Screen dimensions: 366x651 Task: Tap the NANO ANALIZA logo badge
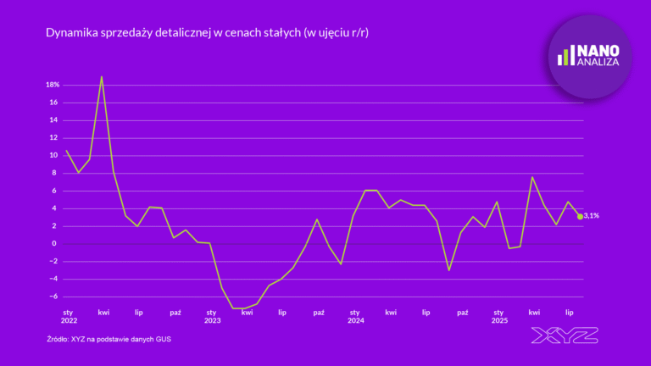[x=590, y=56]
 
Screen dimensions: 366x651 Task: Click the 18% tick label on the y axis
[x=52, y=85]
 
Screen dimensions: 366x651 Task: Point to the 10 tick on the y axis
[x=53, y=155]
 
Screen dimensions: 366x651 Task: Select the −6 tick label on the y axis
[x=53, y=297]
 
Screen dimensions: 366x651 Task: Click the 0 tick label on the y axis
[x=55, y=243]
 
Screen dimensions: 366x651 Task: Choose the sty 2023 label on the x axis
[x=212, y=317]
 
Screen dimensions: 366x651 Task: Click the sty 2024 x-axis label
[x=355, y=317]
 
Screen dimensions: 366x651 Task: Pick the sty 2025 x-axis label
[x=498, y=317]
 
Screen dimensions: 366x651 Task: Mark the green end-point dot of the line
[x=580, y=217]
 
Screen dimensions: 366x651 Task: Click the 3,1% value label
[x=593, y=217]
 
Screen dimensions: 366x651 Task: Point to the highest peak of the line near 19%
[x=102, y=77]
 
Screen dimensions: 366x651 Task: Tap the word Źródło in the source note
[x=60, y=340]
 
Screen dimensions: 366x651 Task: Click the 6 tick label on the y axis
[x=55, y=191]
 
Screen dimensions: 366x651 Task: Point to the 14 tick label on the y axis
[x=53, y=120]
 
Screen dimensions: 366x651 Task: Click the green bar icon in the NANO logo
[x=565, y=57]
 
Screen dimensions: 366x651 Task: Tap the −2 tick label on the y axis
[x=53, y=261]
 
